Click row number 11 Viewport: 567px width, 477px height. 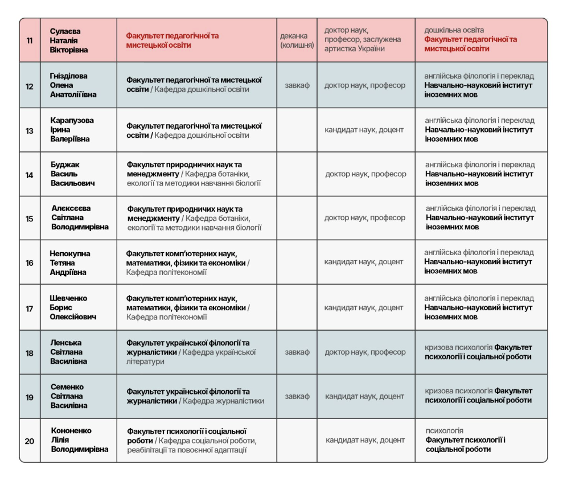(x=30, y=40)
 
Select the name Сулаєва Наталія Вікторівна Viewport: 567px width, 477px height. (x=65, y=40)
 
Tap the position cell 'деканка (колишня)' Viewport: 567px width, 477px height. (x=297, y=40)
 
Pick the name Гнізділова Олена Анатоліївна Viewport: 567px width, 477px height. (x=69, y=85)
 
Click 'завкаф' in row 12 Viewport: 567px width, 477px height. (x=297, y=85)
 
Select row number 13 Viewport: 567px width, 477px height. (x=30, y=130)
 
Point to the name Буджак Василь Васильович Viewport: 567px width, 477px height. (x=72, y=174)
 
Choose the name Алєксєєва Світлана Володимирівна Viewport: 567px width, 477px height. (x=80, y=218)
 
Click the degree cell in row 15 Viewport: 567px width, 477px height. (x=365, y=218)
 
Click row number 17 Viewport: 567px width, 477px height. (x=30, y=308)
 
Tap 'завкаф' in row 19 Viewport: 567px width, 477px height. (x=297, y=397)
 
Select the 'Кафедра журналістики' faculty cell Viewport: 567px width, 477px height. (x=195, y=397)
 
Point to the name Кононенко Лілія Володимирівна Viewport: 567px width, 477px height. (x=79, y=441)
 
